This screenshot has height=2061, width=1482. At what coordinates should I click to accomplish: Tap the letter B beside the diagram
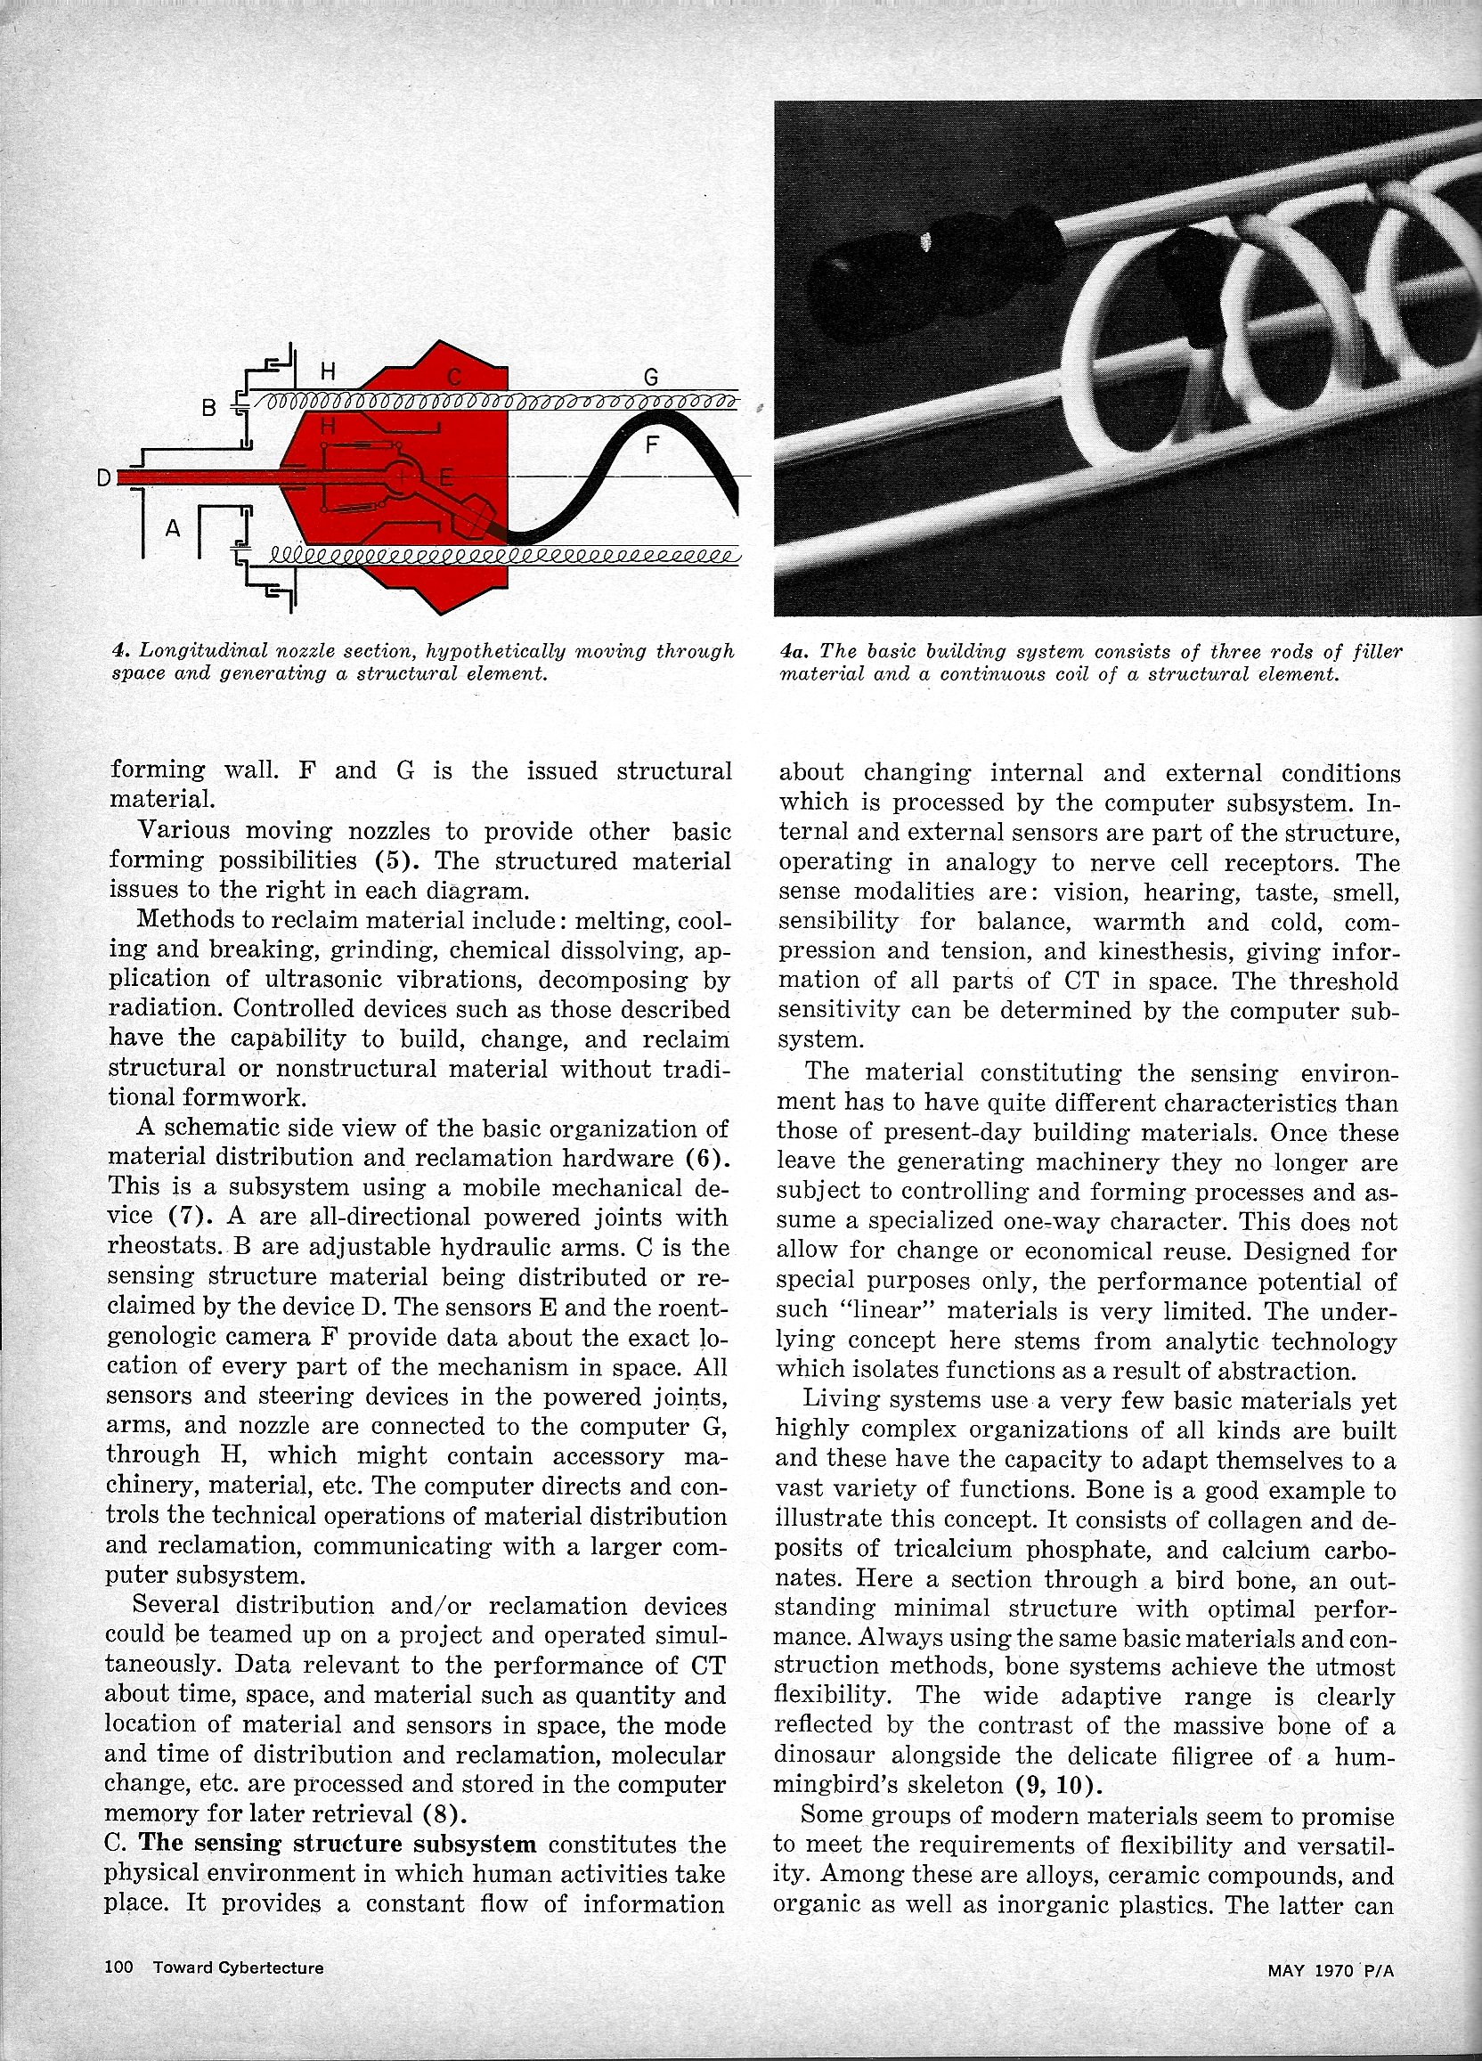click(x=209, y=408)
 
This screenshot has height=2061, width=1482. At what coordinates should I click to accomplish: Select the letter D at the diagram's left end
click(x=104, y=477)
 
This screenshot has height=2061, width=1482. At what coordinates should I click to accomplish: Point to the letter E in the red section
click(x=445, y=477)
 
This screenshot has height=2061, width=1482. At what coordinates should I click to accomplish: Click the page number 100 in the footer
click(x=119, y=1967)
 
